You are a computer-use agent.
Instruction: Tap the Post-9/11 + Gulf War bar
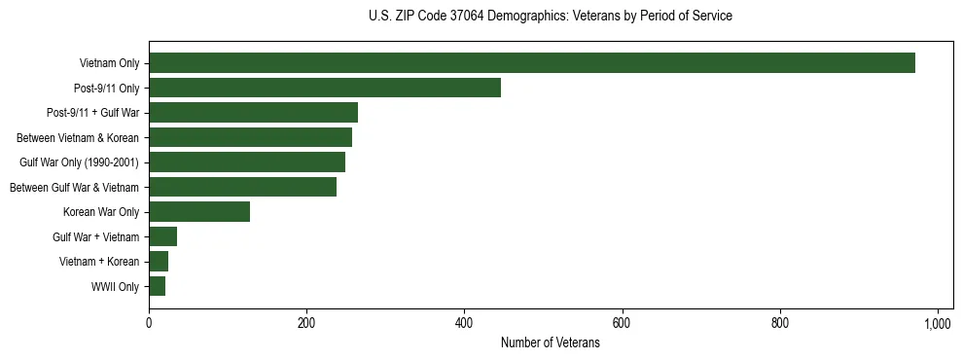pos(253,113)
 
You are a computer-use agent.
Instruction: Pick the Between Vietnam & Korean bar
pos(250,137)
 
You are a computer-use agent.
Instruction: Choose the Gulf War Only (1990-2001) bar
pos(247,162)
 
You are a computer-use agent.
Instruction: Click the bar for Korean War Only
pos(199,212)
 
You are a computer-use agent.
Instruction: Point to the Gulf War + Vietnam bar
pos(162,236)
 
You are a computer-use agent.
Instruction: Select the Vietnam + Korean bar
pos(159,262)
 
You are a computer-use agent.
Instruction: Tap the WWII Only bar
pos(157,286)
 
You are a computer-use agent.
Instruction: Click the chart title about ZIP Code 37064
pos(550,17)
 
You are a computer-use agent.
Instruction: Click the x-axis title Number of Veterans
pos(550,343)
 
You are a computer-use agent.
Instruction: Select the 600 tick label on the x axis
pos(622,323)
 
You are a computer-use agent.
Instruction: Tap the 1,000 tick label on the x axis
pos(937,323)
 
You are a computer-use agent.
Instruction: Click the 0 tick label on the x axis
pos(149,323)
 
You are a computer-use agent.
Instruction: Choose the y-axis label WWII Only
pos(114,287)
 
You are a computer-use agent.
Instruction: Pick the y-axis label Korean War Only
pos(101,212)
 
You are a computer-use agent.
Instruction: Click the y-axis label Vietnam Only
pos(109,64)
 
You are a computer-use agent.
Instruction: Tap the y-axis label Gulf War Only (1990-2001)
pos(79,162)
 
